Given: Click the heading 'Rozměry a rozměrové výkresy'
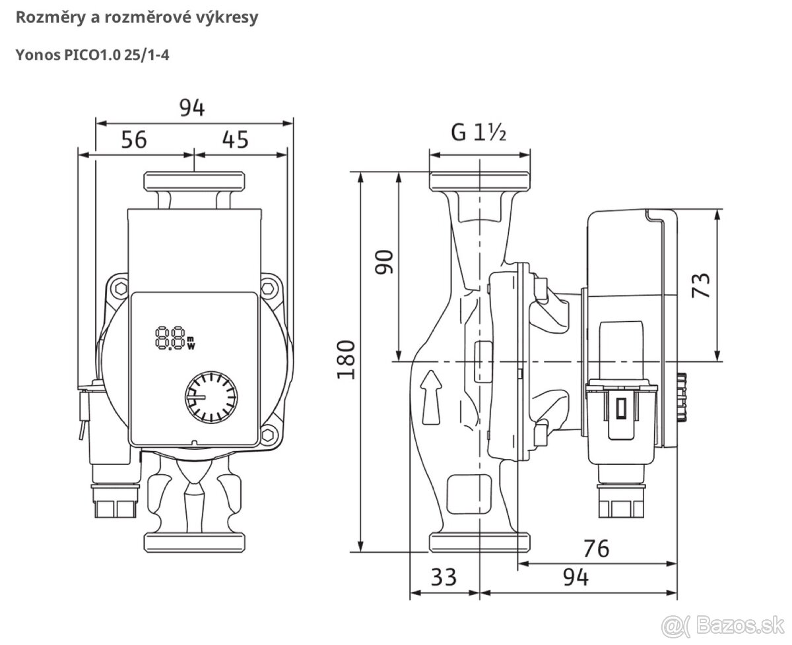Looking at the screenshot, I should point(137,18).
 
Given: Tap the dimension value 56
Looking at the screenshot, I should point(133,139).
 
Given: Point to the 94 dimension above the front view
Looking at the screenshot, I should point(192,107).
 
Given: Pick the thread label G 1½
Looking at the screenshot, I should point(478,133).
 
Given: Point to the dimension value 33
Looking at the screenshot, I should point(444,578).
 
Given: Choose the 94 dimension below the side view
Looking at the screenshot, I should point(576,578).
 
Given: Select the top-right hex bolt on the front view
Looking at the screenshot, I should point(269,288).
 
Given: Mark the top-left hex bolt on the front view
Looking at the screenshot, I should point(119,288).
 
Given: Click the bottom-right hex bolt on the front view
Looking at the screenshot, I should point(269,435).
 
